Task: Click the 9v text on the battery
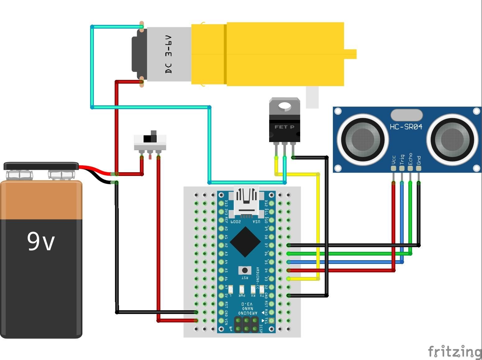41,241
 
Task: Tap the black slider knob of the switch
153,136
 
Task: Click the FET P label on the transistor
284,127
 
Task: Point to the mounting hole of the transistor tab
284,107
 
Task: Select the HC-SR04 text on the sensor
406,127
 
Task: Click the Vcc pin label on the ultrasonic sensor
394,160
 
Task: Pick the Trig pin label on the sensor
402,159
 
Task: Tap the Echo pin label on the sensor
410,159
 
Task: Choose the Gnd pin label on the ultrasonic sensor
419,160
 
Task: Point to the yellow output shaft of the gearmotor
350,54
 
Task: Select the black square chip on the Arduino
245,242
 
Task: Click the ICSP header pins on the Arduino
246,324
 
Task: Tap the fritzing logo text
454,352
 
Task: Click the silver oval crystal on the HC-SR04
406,115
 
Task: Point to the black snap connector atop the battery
41,166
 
